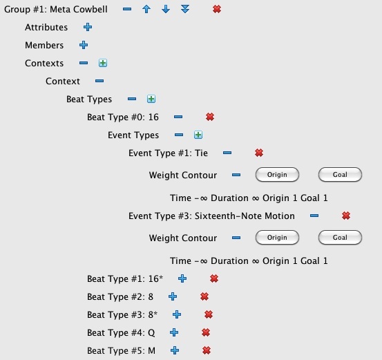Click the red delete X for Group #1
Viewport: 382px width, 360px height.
tap(217, 9)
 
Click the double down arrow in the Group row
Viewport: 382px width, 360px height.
tap(185, 9)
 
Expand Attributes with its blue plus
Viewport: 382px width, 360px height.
tap(88, 27)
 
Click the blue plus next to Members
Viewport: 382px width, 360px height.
tap(84, 45)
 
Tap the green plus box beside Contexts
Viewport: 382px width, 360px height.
tap(103, 63)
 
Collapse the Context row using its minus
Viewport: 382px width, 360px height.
tap(99, 81)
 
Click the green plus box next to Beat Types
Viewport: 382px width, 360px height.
tap(151, 99)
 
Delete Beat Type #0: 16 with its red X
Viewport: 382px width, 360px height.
tap(210, 117)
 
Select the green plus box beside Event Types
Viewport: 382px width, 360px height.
tap(198, 135)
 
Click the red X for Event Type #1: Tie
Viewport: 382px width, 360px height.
tap(259, 153)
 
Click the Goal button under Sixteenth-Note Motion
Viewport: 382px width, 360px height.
tap(340, 238)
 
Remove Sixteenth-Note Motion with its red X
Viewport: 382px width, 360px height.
tap(346, 216)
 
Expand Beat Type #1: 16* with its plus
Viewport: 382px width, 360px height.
tap(182, 278)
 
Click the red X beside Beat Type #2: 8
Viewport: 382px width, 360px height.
tap(204, 296)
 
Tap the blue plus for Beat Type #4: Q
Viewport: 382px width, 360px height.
tap(174, 332)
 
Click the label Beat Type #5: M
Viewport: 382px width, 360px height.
tap(121, 351)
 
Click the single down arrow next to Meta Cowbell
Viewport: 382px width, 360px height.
tap(166, 9)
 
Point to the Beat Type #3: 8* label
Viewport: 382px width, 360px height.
tap(122, 314)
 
